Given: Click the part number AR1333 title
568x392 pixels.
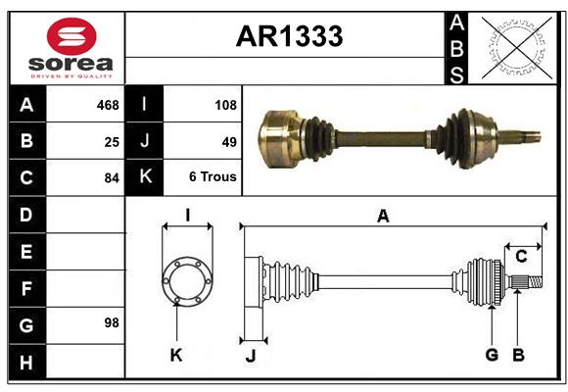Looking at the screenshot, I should click(289, 36).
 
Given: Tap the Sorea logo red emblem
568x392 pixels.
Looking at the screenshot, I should click(71, 38).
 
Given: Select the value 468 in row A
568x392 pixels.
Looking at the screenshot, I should click(107, 104).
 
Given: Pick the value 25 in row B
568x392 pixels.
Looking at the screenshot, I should click(111, 141).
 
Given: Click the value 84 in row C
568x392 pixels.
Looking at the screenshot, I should click(111, 178).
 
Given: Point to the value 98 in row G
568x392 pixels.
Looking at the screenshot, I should click(111, 322).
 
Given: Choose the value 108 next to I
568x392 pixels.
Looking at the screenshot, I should click(225, 104).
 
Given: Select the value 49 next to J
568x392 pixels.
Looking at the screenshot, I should click(229, 141).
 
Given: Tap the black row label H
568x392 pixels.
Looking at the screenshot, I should click(26, 363).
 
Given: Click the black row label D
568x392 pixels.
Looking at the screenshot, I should click(26, 214).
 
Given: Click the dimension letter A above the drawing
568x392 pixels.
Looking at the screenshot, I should click(383, 217).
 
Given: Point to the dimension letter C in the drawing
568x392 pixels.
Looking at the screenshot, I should click(521, 257).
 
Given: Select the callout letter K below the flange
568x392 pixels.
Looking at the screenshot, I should click(176, 356).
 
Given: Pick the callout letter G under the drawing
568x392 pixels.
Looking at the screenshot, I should click(492, 355).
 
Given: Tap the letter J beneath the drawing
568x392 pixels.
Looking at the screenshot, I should click(250, 356).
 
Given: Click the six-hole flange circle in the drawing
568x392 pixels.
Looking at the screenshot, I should click(187, 281).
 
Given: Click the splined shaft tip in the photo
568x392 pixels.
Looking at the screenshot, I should click(528, 135).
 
